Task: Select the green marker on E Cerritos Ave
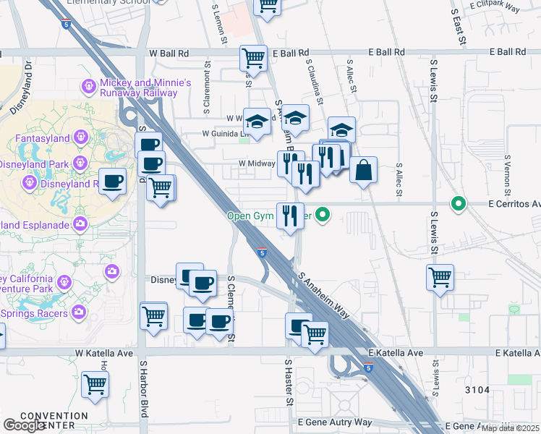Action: pos(457,204)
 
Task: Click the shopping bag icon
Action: pos(363,170)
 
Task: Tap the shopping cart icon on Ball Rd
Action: pos(254,57)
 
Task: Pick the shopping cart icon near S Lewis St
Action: pos(440,277)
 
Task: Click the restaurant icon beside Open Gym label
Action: pos(290,214)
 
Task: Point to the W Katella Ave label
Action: pos(105,353)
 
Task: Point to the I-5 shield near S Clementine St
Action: pos(262,252)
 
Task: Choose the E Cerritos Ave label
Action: pos(514,204)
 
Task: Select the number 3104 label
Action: pos(477,390)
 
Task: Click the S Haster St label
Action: pos(288,383)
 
